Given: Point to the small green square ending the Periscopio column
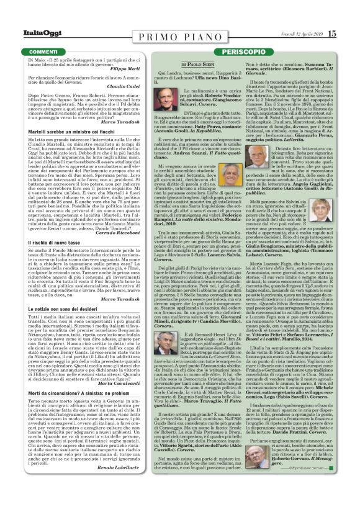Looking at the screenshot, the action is pos(349,484).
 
